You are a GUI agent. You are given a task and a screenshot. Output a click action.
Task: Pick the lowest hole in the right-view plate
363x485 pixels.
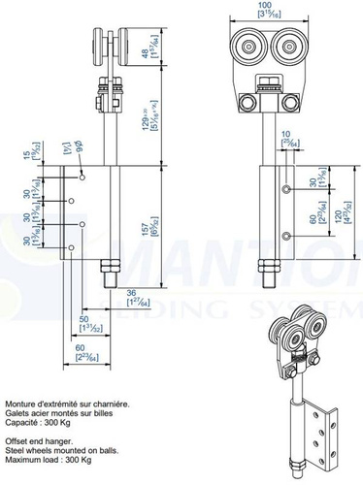(284, 236)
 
